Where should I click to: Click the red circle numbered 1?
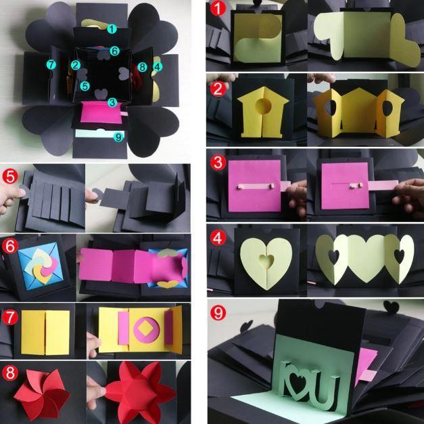coord(217,9)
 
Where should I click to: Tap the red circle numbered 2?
coord(217,87)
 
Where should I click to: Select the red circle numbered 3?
coord(217,163)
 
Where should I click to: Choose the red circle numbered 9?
coord(217,314)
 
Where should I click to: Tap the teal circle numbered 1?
coord(112,28)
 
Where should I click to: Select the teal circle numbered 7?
coord(51,64)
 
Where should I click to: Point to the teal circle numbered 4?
coord(157,66)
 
